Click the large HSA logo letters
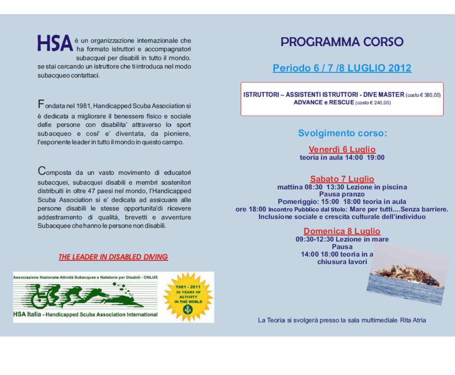coord(55,43)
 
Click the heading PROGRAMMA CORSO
coord(342,42)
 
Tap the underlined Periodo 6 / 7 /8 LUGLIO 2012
coord(342,68)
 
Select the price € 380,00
coord(430,95)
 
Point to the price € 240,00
coord(379,102)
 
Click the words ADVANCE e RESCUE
coord(323,102)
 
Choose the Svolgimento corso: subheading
coord(342,133)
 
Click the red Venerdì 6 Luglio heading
coord(342,149)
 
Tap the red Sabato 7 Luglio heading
coord(342,179)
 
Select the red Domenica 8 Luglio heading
coord(342,231)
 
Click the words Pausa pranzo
coord(342,194)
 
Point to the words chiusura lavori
coord(342,262)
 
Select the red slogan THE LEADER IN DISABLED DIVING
coord(113,257)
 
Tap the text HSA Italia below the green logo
coord(26,314)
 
